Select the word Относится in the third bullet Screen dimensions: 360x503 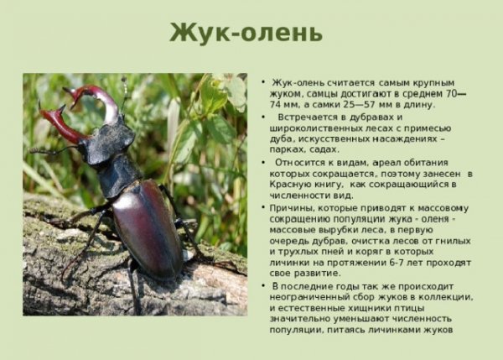click(312, 161)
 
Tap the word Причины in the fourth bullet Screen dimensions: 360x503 click(293, 207)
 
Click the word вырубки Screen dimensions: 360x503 click(337, 230)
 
